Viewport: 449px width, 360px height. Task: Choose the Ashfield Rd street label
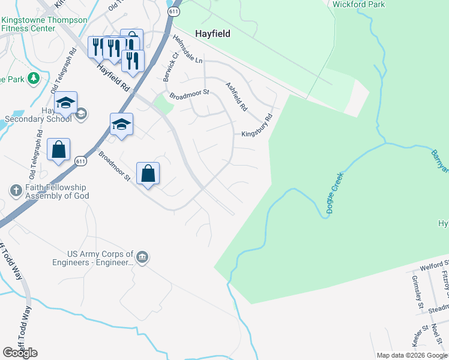point(236,97)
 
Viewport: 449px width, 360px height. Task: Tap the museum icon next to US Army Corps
point(142,257)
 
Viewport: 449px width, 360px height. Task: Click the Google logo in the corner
point(20,353)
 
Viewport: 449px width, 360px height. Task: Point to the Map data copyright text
point(412,355)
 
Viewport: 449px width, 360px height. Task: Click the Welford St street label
point(435,266)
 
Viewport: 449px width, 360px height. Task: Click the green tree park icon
point(34,78)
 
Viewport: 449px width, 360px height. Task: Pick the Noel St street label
point(435,336)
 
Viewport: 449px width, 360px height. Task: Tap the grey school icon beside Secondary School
point(82,113)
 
